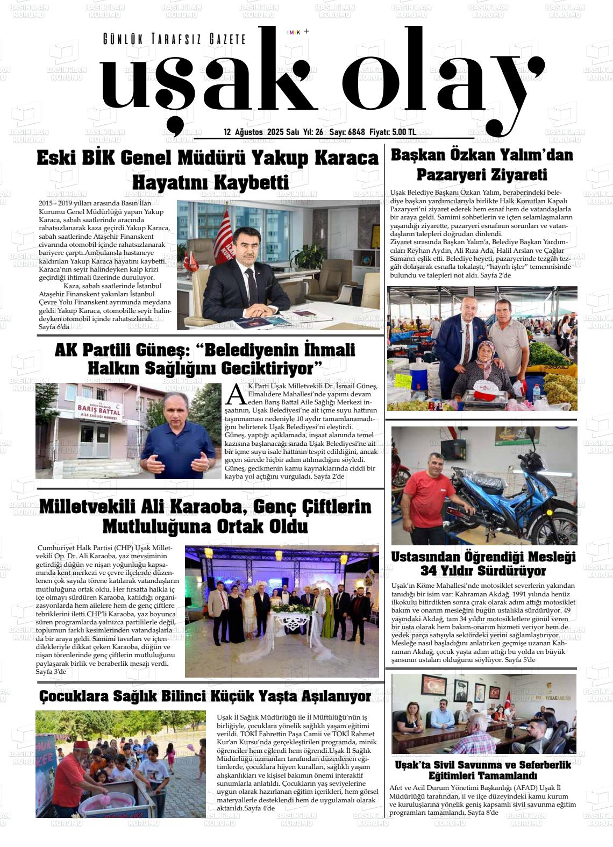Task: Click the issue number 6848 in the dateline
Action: point(355,132)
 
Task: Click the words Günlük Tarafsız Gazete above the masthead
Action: point(174,39)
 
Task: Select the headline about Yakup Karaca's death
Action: point(208,170)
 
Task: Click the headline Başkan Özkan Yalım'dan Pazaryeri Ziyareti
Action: point(482,165)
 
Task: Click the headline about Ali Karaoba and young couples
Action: point(205,516)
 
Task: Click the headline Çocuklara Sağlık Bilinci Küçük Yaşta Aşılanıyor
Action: point(205,696)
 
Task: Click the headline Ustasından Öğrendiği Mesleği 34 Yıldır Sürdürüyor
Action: point(483,564)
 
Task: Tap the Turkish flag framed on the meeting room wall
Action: point(433,687)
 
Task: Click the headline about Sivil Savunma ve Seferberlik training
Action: point(483,770)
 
